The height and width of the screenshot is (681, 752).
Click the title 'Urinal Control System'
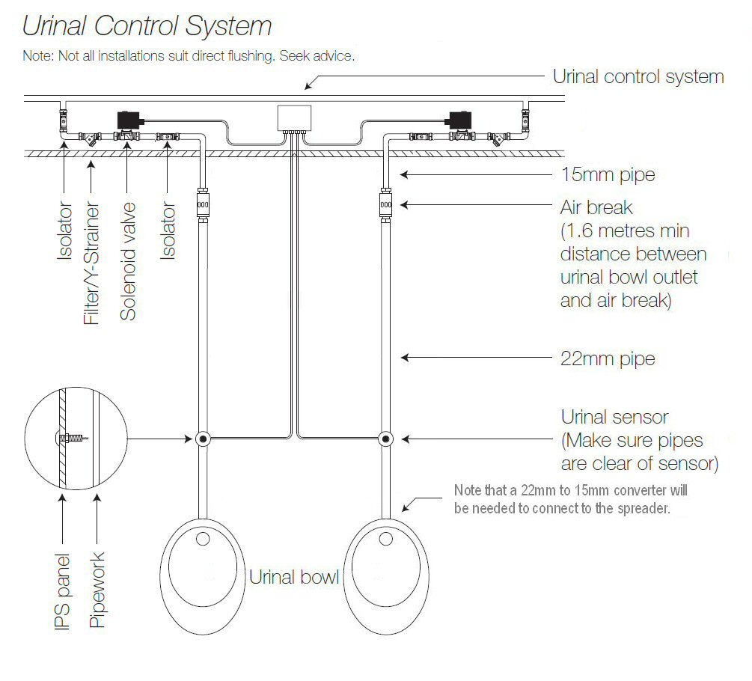coord(147,26)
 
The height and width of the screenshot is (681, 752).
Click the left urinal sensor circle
coord(201,439)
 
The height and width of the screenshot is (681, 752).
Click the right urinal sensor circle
coord(385,439)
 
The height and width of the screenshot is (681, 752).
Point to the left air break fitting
coord(201,203)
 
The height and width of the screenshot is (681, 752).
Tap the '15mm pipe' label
coord(608,175)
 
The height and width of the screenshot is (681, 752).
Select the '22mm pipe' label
coord(608,359)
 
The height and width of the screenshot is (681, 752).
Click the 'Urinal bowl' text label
coord(294,577)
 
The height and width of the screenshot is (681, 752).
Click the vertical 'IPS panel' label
coord(63,591)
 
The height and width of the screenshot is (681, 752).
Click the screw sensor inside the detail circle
coord(72,438)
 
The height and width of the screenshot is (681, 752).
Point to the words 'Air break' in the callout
coord(596,207)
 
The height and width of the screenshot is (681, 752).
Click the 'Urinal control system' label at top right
coord(638,76)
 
